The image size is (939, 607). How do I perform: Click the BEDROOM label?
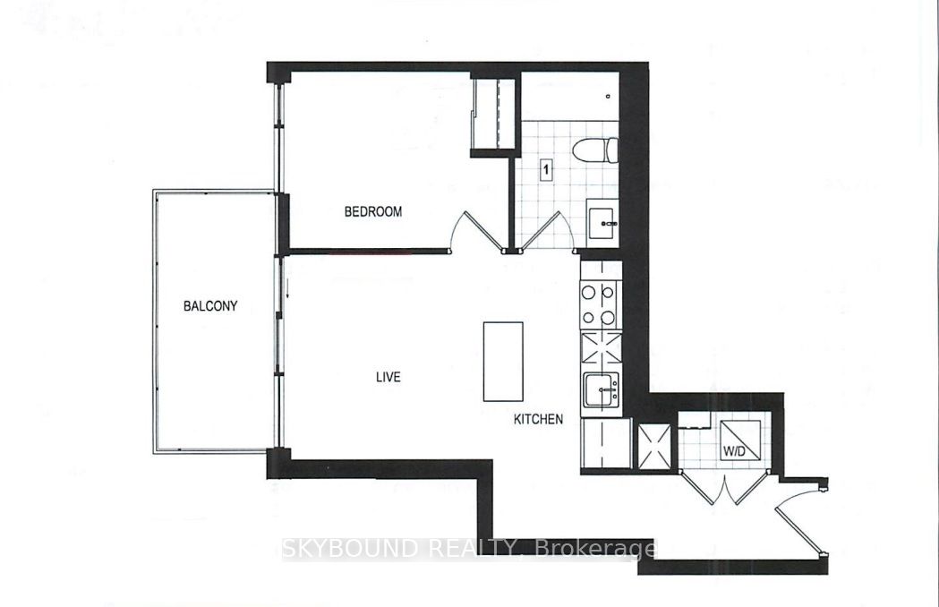point(372,211)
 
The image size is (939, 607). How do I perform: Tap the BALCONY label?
point(210,306)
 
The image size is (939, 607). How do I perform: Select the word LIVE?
point(388,377)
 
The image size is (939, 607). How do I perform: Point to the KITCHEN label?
point(538,419)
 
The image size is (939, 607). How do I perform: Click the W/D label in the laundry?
point(734,451)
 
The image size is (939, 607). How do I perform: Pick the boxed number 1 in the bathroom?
point(545,169)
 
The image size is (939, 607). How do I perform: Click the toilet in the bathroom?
point(595,150)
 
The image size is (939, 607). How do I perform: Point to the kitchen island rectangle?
point(503,362)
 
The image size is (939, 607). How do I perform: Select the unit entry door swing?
point(802,516)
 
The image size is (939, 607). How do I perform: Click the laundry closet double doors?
point(724,486)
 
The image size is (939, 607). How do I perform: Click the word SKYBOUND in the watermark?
point(350,548)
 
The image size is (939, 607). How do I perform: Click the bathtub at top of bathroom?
point(569,96)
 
